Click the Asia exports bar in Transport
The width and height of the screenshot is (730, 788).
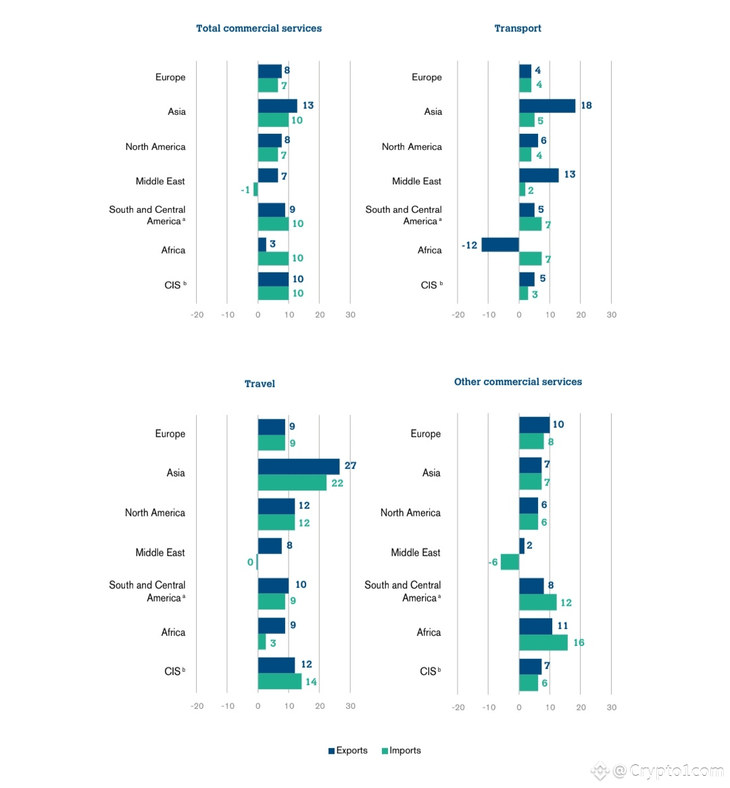pyautogui.click(x=547, y=106)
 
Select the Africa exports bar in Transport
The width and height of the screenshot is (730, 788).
pyautogui.click(x=500, y=245)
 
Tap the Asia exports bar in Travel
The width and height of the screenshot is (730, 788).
pyautogui.click(x=299, y=466)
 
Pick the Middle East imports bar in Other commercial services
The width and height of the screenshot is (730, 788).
pyautogui.click(x=510, y=562)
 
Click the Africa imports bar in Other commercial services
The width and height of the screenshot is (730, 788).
pyautogui.click(x=543, y=643)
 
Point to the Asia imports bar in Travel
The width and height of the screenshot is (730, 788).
pyautogui.click(x=292, y=483)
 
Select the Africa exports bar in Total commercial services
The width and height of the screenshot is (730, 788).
pyautogui.click(x=262, y=245)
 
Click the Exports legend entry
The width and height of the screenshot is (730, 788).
pyautogui.click(x=348, y=750)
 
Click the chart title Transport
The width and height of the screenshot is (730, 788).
pyautogui.click(x=518, y=28)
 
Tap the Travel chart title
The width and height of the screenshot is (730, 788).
pyautogui.click(x=260, y=384)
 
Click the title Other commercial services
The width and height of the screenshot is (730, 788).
pyautogui.click(x=518, y=382)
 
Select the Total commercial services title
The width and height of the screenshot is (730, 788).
pyautogui.click(x=259, y=28)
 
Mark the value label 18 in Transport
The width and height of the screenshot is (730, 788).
pyautogui.click(x=586, y=105)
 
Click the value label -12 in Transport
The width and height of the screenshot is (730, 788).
pyautogui.click(x=470, y=245)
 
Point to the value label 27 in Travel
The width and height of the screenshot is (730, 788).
pyautogui.click(x=350, y=466)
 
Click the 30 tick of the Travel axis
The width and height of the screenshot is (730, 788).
pyautogui.click(x=350, y=706)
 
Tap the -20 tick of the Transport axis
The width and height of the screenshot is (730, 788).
pyautogui.click(x=458, y=315)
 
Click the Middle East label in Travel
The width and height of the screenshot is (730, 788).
pyautogui.click(x=160, y=553)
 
